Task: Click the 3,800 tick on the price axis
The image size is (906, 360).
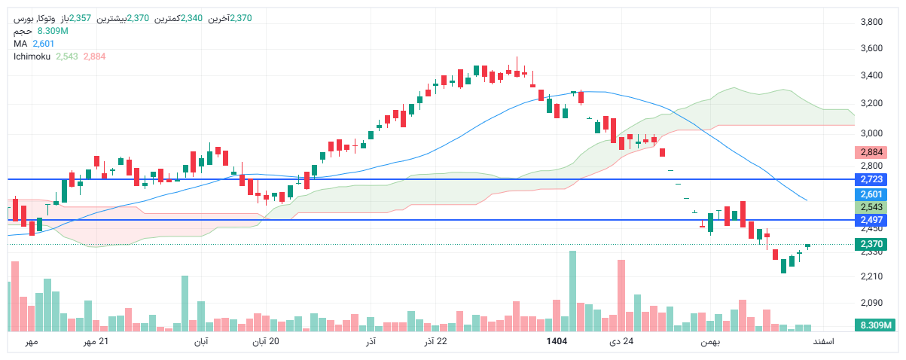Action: click(871, 22)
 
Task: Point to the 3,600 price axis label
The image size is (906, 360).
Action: click(871, 48)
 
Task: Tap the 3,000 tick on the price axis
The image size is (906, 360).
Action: click(871, 133)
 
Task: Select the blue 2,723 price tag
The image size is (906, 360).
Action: click(871, 179)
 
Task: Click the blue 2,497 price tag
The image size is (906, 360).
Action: click(871, 220)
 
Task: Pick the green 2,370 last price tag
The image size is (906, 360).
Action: click(871, 244)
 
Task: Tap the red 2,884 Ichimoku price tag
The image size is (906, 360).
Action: click(871, 151)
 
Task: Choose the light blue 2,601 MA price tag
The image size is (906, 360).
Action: click(871, 194)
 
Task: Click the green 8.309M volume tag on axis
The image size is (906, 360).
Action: click(874, 325)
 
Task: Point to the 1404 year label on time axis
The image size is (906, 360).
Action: click(557, 342)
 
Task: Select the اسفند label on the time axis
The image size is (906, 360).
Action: click(822, 342)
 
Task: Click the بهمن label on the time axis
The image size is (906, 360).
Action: click(709, 342)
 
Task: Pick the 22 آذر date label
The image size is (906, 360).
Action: click(435, 342)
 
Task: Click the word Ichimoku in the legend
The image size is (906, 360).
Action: click(31, 56)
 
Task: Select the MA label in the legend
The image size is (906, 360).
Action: click(20, 44)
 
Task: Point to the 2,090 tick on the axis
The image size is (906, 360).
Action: click(871, 303)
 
